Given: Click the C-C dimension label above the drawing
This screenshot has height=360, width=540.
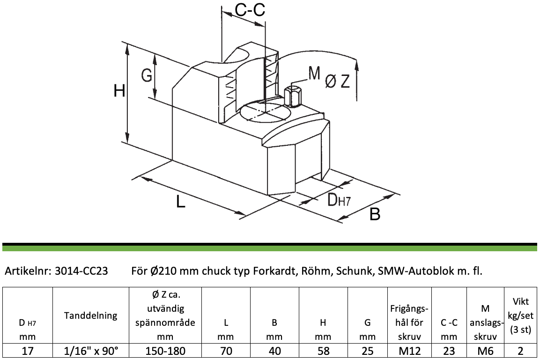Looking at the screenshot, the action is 250,10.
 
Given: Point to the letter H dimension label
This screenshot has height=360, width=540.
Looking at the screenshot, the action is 119,91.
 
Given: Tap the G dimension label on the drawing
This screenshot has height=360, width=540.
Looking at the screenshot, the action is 147,75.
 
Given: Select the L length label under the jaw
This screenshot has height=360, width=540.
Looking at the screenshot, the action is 181,201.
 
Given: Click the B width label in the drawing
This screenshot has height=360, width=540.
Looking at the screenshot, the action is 375,213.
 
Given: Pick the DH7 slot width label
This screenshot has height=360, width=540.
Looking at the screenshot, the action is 339,200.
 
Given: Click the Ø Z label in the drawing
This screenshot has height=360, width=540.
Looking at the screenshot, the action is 338,82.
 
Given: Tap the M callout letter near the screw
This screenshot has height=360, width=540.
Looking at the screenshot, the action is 314,73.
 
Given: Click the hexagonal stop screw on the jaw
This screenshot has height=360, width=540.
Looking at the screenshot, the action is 294,97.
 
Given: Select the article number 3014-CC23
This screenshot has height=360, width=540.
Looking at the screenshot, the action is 81,271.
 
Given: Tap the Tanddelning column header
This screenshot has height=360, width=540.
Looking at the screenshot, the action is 90,315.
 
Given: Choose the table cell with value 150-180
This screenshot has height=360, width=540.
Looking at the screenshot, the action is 165,351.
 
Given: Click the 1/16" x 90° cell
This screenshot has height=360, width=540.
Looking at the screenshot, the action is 91,351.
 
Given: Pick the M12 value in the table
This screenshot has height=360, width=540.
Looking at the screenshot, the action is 410,351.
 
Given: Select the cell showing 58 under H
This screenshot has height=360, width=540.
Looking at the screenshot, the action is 323,351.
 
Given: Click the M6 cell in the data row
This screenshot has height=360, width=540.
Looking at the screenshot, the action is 485,351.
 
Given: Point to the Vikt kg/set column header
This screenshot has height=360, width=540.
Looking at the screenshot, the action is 520,315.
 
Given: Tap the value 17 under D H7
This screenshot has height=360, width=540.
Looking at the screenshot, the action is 28,351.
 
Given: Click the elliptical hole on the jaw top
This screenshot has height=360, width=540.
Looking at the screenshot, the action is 265,112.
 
